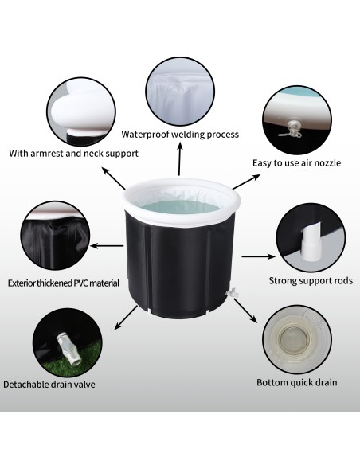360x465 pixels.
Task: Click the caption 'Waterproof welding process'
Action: click(x=180, y=135)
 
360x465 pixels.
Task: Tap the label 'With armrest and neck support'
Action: click(x=73, y=154)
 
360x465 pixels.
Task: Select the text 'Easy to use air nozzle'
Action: click(x=296, y=162)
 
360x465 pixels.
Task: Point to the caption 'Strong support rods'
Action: click(x=311, y=280)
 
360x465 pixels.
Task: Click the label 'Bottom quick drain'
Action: click(x=297, y=382)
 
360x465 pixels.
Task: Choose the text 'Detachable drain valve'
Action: click(x=49, y=385)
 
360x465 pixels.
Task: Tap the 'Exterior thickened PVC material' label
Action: click(x=64, y=283)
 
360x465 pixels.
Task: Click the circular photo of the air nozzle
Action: click(x=297, y=120)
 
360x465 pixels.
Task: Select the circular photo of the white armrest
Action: click(x=81, y=111)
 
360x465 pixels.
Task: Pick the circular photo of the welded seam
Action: click(x=180, y=92)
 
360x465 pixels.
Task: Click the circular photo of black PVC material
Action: click(x=55, y=236)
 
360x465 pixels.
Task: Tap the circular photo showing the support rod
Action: click(x=311, y=237)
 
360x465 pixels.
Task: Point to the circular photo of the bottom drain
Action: click(x=297, y=339)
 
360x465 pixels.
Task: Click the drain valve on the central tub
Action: click(x=231, y=292)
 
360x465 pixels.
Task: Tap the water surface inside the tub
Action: click(x=179, y=207)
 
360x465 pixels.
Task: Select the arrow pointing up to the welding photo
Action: click(x=179, y=158)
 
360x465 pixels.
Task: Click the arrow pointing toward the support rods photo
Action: click(x=258, y=256)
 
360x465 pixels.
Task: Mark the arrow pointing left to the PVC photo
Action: click(x=107, y=246)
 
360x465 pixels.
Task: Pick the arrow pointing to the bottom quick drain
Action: click(x=245, y=311)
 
